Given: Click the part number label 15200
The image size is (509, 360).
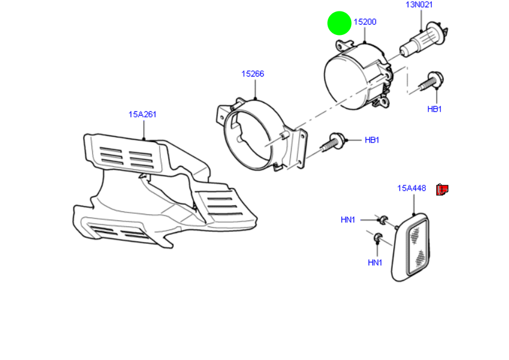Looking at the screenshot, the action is [365, 22].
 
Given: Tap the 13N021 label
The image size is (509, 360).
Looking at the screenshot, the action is [419, 5].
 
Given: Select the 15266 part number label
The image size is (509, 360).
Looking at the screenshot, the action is [252, 73].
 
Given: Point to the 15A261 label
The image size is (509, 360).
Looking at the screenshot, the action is [142, 114].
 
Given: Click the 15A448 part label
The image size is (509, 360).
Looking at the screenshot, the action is [411, 188].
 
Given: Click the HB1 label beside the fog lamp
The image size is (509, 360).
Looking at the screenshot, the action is [434, 109].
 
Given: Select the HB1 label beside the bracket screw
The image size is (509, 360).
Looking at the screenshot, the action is [372, 140].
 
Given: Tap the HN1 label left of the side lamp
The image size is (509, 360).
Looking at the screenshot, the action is [348, 220].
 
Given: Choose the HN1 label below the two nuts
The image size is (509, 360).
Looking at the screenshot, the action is [375, 262].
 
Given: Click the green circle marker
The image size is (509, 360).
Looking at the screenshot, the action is [339, 23].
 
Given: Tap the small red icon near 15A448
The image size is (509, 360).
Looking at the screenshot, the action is [442, 190].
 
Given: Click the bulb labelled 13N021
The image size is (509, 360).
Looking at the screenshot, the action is [423, 40].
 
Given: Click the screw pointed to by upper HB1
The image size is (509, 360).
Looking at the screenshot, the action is [431, 82].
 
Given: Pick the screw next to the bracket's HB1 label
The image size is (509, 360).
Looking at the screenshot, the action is [333, 143].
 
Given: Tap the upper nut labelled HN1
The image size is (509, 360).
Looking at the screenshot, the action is [383, 220].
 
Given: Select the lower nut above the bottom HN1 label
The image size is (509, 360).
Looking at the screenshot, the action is [378, 237].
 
